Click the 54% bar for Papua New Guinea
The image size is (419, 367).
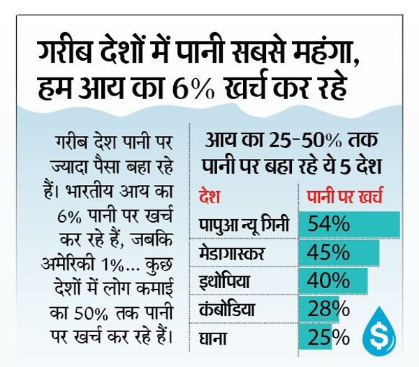tap(348, 225)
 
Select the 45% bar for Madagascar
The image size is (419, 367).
tap(339, 252)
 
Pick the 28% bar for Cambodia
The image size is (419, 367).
tap(321, 308)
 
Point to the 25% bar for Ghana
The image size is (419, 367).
tap(317, 336)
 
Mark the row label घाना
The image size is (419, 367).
tap(214, 336)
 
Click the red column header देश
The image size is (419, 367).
tap(209, 197)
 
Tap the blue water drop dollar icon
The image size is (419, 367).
tap(382, 327)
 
